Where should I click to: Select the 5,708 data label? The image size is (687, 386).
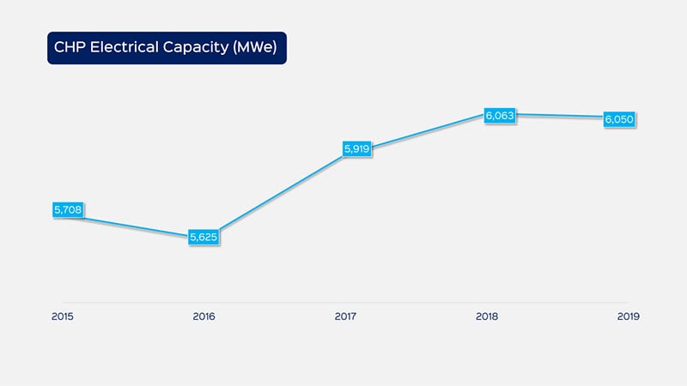point(66,209)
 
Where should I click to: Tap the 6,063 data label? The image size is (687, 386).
point(499,115)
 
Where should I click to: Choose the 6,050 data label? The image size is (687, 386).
point(619,119)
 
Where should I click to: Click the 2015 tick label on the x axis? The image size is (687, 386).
point(63,317)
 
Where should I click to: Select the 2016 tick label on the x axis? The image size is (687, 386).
point(204,317)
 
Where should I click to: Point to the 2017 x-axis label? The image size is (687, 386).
point(346,317)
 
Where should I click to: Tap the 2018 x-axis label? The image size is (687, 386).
point(488,317)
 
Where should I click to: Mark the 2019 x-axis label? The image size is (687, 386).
point(629,317)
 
